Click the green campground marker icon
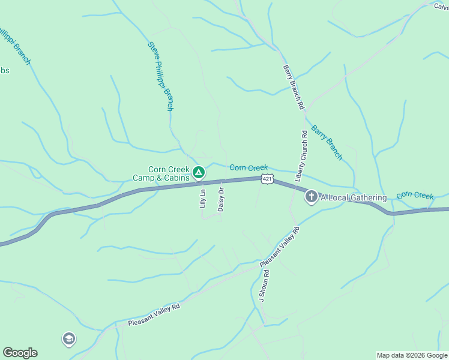tap(199, 173)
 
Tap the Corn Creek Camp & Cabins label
tap(161, 173)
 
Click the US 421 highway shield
tap(268, 179)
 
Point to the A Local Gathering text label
tap(353, 197)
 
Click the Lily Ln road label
tap(202, 199)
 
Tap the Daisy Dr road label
tap(221, 199)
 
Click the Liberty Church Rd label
tap(301, 155)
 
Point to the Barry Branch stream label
tap(327, 143)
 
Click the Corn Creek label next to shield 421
tap(249, 168)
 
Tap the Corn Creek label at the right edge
tap(415, 196)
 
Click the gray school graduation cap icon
tap(69, 339)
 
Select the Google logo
tap(20, 353)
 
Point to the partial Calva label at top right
tap(441, 5)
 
